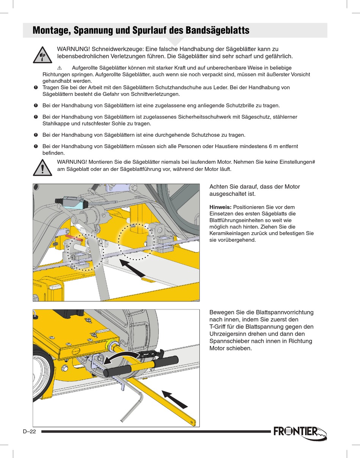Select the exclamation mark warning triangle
click(x=42, y=167)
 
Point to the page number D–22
click(x=29, y=431)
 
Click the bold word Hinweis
click(x=220, y=207)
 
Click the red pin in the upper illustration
click(x=74, y=238)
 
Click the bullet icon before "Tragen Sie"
click(x=36, y=88)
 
